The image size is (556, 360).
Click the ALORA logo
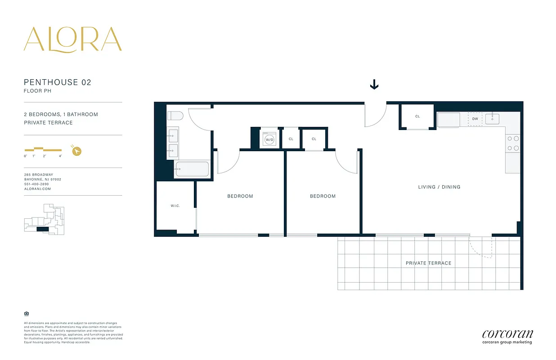pos(72,39)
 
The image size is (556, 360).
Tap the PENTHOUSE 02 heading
pos(58,82)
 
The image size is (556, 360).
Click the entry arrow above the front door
pos(374,85)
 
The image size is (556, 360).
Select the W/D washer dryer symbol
pos(269,139)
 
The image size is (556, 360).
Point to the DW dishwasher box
pos(475,119)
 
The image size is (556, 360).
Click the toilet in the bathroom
pos(175,116)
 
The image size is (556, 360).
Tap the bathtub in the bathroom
pos(192,170)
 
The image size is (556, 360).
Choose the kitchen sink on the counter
pos(492,118)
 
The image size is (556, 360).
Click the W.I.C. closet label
pos(175,206)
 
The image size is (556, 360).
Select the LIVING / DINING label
pos(439,187)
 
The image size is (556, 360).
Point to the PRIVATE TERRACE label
pos(428,263)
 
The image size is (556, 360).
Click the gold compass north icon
pos(76,151)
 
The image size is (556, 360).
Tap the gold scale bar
pos(43,149)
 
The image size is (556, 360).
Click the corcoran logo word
pos(507,334)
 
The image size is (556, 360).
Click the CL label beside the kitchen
pos(417,117)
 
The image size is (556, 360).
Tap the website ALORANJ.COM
pos(37,189)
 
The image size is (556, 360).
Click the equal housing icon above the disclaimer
pos(26,314)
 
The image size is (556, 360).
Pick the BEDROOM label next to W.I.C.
pos(240,196)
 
